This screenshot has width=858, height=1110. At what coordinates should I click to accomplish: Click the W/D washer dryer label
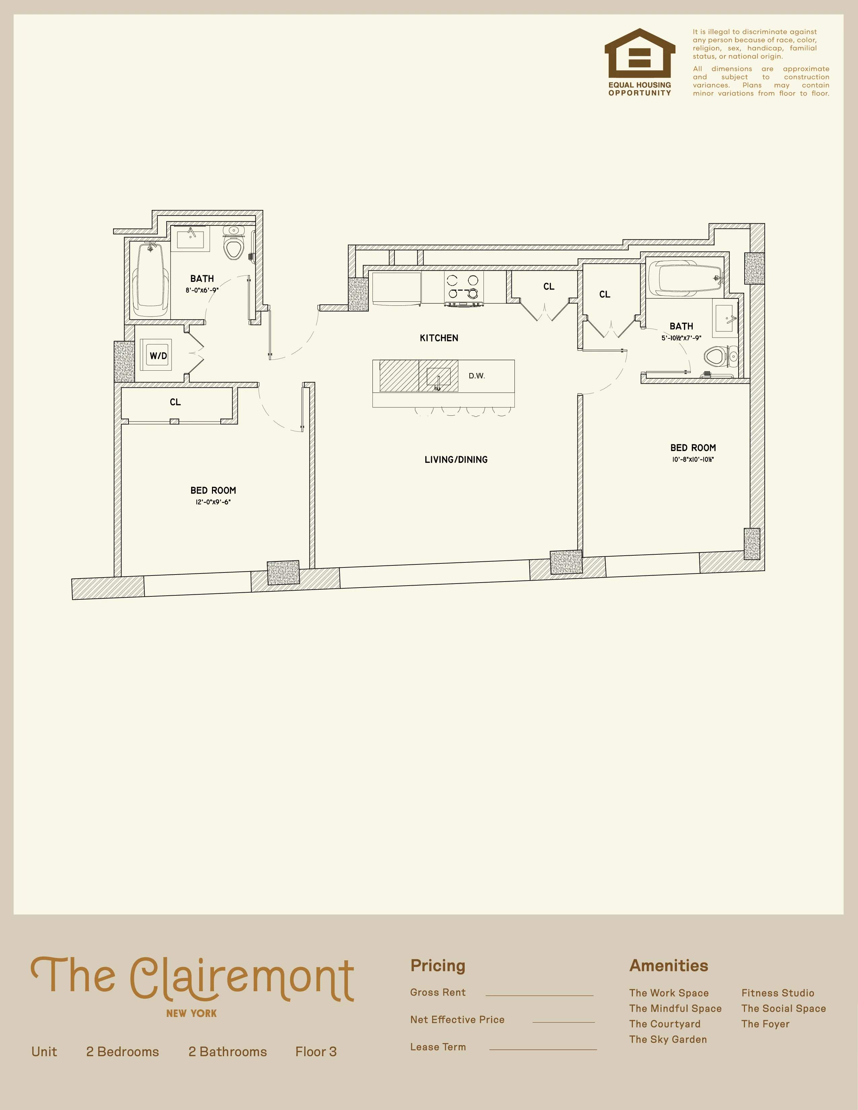[x=158, y=356]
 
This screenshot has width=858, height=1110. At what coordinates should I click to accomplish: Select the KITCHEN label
[x=439, y=338]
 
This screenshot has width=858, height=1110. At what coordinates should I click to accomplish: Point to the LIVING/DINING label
[x=456, y=459]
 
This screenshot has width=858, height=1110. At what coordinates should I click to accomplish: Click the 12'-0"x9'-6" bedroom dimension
[x=213, y=502]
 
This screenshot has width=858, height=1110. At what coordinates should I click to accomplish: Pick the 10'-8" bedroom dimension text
[x=693, y=459]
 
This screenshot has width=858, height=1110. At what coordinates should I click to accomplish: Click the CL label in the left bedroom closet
[x=175, y=402]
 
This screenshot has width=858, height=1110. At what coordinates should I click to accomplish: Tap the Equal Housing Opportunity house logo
[x=639, y=53]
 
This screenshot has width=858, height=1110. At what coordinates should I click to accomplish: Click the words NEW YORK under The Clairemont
[x=191, y=1013]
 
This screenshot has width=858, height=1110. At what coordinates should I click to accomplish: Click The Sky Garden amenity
[x=668, y=1039]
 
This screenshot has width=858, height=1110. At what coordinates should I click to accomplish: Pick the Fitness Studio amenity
[x=777, y=993]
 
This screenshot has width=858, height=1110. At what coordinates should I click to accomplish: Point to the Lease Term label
[x=438, y=1046]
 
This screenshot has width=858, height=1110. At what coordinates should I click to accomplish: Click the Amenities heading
[x=669, y=966]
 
